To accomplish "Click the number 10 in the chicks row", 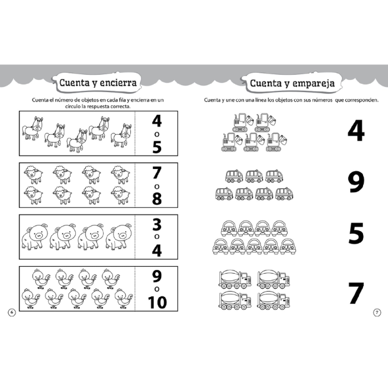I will (x=157, y=302).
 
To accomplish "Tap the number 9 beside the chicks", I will (x=157, y=277).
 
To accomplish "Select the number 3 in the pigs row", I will (x=157, y=225).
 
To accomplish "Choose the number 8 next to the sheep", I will (x=157, y=198).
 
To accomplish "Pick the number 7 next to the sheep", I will (x=157, y=173).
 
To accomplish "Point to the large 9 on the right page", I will (x=356, y=182).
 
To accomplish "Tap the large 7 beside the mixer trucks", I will (x=356, y=293).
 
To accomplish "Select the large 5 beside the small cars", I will (x=356, y=233).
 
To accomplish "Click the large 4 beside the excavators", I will (x=356, y=131).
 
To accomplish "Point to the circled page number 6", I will (x=12, y=312).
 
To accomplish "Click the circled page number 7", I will (x=377, y=312).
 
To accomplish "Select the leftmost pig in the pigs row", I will (x=35, y=237).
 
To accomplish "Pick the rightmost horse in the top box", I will (x=122, y=136).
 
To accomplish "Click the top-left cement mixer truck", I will (x=235, y=279).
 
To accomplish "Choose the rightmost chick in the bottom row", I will (x=124, y=298).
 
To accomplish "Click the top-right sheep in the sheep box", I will (x=121, y=175).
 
